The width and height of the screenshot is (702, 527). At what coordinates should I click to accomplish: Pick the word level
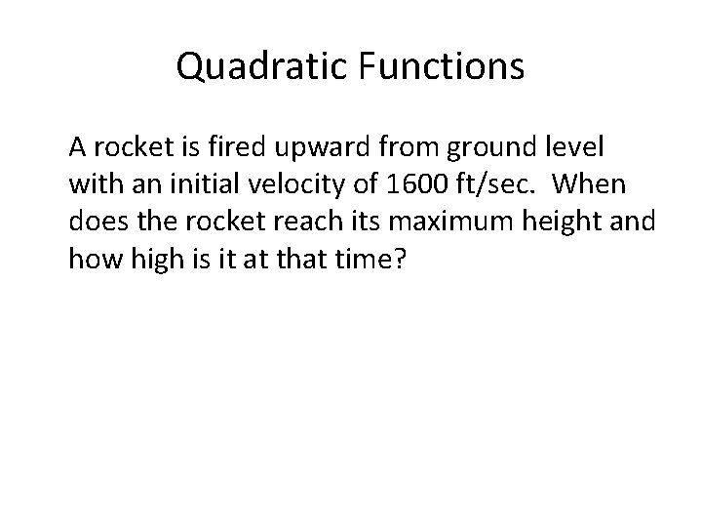pos(581,148)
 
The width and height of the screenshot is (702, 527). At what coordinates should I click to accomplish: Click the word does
pos(95,223)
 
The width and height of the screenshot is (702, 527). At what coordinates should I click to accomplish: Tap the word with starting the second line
pos(93,185)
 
